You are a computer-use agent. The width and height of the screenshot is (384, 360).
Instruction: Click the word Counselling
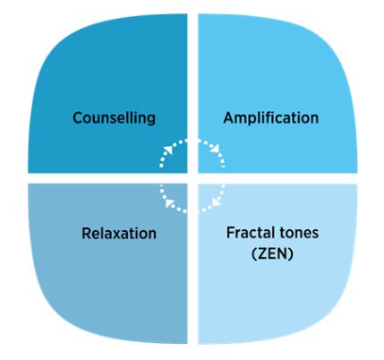coord(114,118)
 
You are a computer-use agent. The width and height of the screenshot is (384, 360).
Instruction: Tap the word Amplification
coord(271,118)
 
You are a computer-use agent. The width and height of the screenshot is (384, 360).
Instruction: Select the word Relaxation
coord(119,233)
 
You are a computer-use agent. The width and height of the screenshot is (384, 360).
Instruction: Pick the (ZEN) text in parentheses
coord(272,254)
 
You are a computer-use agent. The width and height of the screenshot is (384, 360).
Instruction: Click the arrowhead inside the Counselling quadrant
coord(169,150)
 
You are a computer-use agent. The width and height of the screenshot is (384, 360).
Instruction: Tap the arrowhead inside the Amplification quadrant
coord(216,149)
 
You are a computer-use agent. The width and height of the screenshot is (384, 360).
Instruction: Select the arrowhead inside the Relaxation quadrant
coord(169,203)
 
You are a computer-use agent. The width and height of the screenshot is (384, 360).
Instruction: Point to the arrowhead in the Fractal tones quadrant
coord(216,202)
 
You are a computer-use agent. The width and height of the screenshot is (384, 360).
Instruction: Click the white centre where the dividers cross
coord(192,178)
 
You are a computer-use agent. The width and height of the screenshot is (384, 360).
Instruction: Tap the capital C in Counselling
coord(78,118)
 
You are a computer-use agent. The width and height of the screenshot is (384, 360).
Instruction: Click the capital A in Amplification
coord(229,117)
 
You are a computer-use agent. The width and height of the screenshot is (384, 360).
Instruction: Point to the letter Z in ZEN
coord(262,254)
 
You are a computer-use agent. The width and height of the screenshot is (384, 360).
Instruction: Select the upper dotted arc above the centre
coord(192,141)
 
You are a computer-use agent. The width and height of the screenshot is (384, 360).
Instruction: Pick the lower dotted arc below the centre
coord(192,211)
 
